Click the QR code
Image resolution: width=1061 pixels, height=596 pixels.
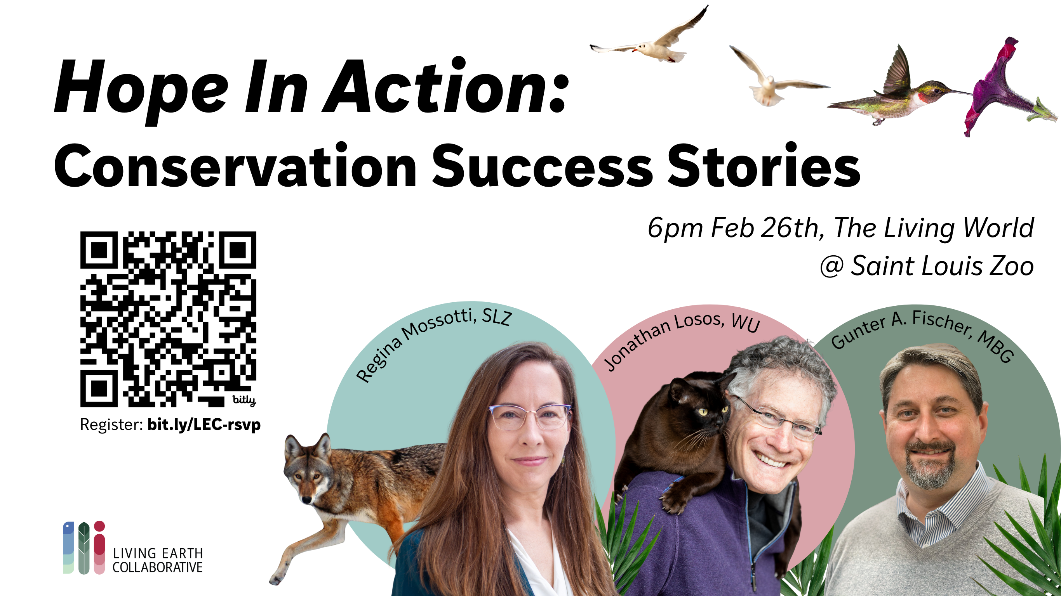168,319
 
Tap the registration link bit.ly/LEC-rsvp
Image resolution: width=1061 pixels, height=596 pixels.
204,425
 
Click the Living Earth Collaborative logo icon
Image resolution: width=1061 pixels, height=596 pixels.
84,547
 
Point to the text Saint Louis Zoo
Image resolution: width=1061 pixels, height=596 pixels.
943,266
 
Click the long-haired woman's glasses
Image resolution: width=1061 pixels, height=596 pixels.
530,417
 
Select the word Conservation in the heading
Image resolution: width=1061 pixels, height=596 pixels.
235,166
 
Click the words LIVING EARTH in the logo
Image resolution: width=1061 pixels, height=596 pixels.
158,553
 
